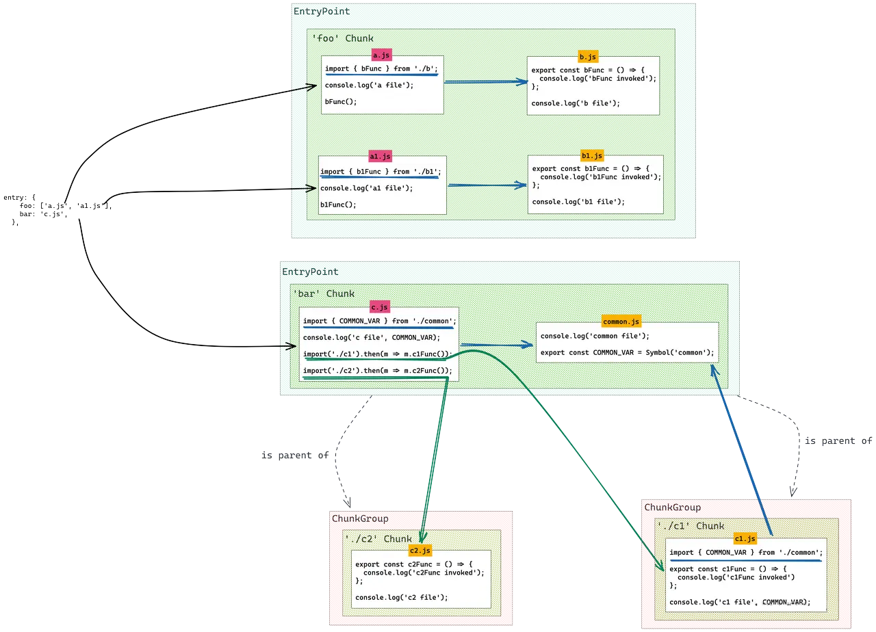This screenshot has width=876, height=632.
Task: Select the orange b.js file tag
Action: (x=587, y=57)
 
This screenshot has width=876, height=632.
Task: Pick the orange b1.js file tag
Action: (x=591, y=155)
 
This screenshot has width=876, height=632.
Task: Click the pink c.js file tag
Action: (x=379, y=307)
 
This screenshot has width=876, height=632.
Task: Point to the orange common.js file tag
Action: (x=621, y=321)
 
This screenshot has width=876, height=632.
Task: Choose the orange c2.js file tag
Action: (x=420, y=551)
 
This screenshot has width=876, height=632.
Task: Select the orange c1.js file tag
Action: (x=745, y=539)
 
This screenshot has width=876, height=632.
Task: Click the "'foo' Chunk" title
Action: (x=343, y=38)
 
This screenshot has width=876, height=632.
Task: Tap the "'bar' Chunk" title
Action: (x=324, y=293)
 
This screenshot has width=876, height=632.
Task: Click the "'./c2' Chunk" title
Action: (x=378, y=538)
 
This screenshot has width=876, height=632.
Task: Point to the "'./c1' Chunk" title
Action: (x=691, y=526)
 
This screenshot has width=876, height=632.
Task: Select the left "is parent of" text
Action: (x=295, y=455)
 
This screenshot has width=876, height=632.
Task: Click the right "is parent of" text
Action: (x=838, y=441)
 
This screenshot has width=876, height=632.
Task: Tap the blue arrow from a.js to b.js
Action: (x=486, y=82)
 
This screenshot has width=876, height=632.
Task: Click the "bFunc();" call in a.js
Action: (x=341, y=101)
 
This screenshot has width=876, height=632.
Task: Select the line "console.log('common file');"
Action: (x=595, y=336)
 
